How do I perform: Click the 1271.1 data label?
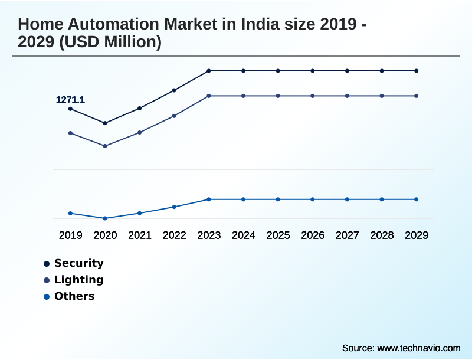70,100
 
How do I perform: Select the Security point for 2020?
105,123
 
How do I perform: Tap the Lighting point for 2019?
71,133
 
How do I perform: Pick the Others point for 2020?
105,218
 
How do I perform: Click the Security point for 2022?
174,90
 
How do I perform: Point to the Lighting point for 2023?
209,96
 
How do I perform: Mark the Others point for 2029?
417,199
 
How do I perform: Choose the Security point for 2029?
417,71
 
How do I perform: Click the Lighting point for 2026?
313,96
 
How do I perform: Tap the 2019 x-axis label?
71,235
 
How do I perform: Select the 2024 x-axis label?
244,235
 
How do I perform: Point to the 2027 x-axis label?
348,235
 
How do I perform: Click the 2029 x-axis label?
417,235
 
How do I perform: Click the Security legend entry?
78,263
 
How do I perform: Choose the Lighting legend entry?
78,280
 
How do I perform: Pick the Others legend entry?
74,296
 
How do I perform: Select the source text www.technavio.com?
419,348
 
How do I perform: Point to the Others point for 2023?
209,199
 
